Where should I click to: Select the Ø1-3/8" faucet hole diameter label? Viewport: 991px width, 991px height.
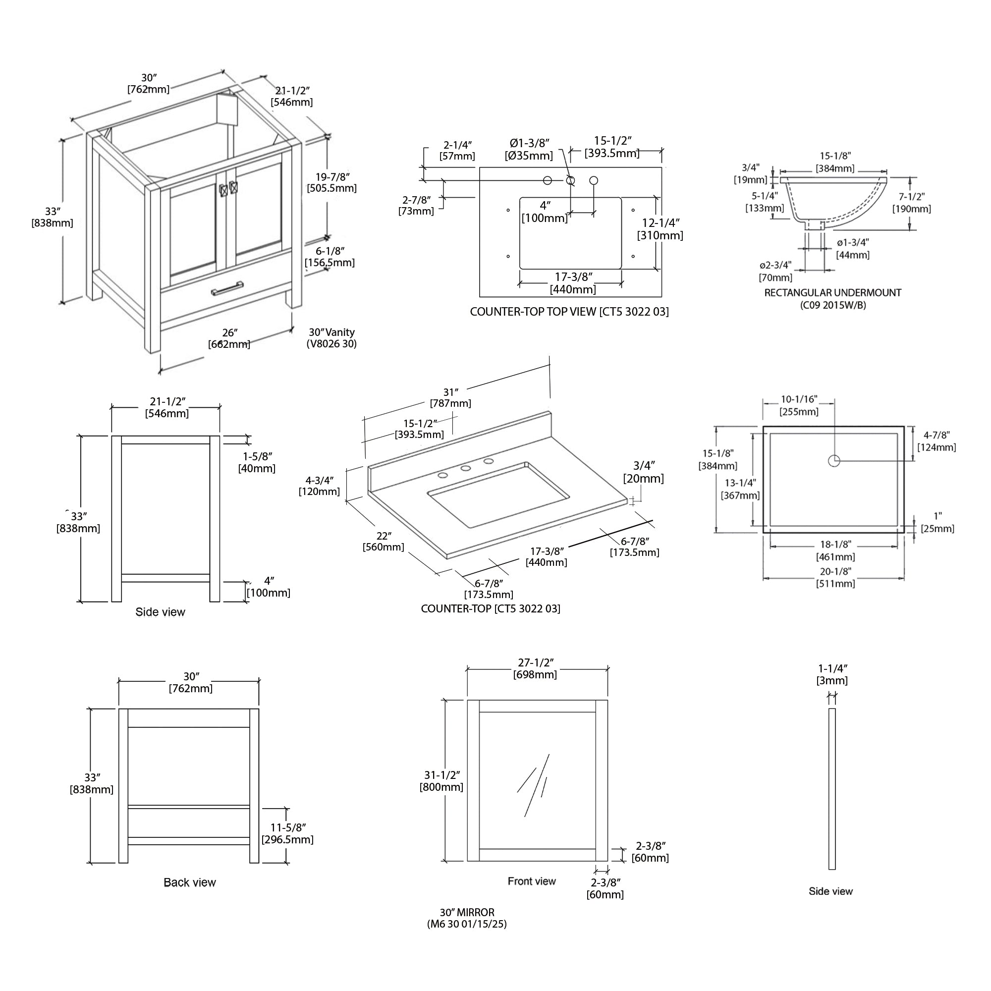coord(529,149)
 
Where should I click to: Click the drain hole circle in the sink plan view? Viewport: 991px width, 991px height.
coord(833,460)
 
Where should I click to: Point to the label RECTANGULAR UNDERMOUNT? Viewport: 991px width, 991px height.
coord(832,293)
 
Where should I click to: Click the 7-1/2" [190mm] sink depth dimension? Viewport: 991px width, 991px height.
coord(912,203)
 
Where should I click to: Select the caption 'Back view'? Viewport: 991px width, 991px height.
coord(190,882)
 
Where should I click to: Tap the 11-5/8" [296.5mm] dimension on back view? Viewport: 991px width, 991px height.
coord(288,833)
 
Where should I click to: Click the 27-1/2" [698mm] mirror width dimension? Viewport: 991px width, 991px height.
coord(535,669)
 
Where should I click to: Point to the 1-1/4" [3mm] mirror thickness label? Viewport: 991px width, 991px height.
coord(832,674)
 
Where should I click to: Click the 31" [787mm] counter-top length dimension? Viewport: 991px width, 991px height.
coord(450,397)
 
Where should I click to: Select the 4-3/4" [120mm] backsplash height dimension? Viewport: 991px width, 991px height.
coord(320,486)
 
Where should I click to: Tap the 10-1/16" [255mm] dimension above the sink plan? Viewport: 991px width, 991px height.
coord(799,405)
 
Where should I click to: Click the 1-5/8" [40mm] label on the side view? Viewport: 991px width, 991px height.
coord(257,462)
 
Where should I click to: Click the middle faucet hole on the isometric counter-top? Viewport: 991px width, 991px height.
coord(466,468)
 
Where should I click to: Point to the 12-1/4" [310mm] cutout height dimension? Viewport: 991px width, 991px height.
coord(660,229)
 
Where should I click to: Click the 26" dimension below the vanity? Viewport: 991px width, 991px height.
coord(229,338)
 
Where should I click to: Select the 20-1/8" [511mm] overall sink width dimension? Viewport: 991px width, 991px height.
coord(835,577)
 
